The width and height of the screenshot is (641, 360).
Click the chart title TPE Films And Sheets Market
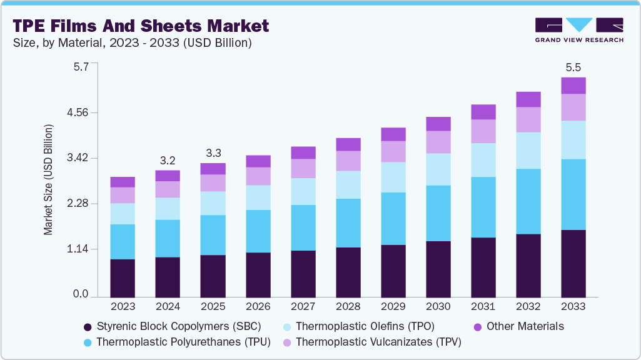pyautogui.click(x=141, y=26)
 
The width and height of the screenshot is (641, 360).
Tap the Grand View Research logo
pyautogui.click(x=579, y=29)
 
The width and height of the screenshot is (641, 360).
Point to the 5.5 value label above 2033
pyautogui.click(x=573, y=67)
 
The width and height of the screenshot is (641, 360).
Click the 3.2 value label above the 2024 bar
pyautogui.click(x=168, y=160)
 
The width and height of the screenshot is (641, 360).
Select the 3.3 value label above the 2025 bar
pyautogui.click(x=213, y=153)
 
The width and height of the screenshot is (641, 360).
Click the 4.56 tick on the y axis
pyautogui.click(x=79, y=113)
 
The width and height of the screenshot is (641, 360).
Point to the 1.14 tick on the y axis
pyautogui.click(x=79, y=249)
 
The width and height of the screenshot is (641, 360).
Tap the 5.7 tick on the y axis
pyautogui.click(x=82, y=66)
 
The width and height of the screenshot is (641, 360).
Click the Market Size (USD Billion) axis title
pyautogui.click(x=48, y=180)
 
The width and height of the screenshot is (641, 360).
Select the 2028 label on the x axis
pyautogui.click(x=348, y=307)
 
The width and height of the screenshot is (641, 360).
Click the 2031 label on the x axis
pyautogui.click(x=483, y=307)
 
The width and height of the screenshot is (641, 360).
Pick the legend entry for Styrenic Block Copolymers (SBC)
pyautogui.click(x=172, y=326)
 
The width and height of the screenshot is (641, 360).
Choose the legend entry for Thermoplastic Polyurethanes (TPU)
pyautogui.click(x=176, y=342)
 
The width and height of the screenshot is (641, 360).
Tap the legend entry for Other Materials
pyautogui.click(x=518, y=326)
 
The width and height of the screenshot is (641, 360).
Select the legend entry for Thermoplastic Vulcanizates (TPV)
pyautogui.click(x=371, y=342)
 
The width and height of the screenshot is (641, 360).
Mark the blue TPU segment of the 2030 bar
pyautogui.click(x=438, y=213)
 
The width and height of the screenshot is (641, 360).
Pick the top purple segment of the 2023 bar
pyautogui.click(x=123, y=182)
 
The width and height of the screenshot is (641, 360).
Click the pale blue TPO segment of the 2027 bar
pyautogui.click(x=303, y=191)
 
